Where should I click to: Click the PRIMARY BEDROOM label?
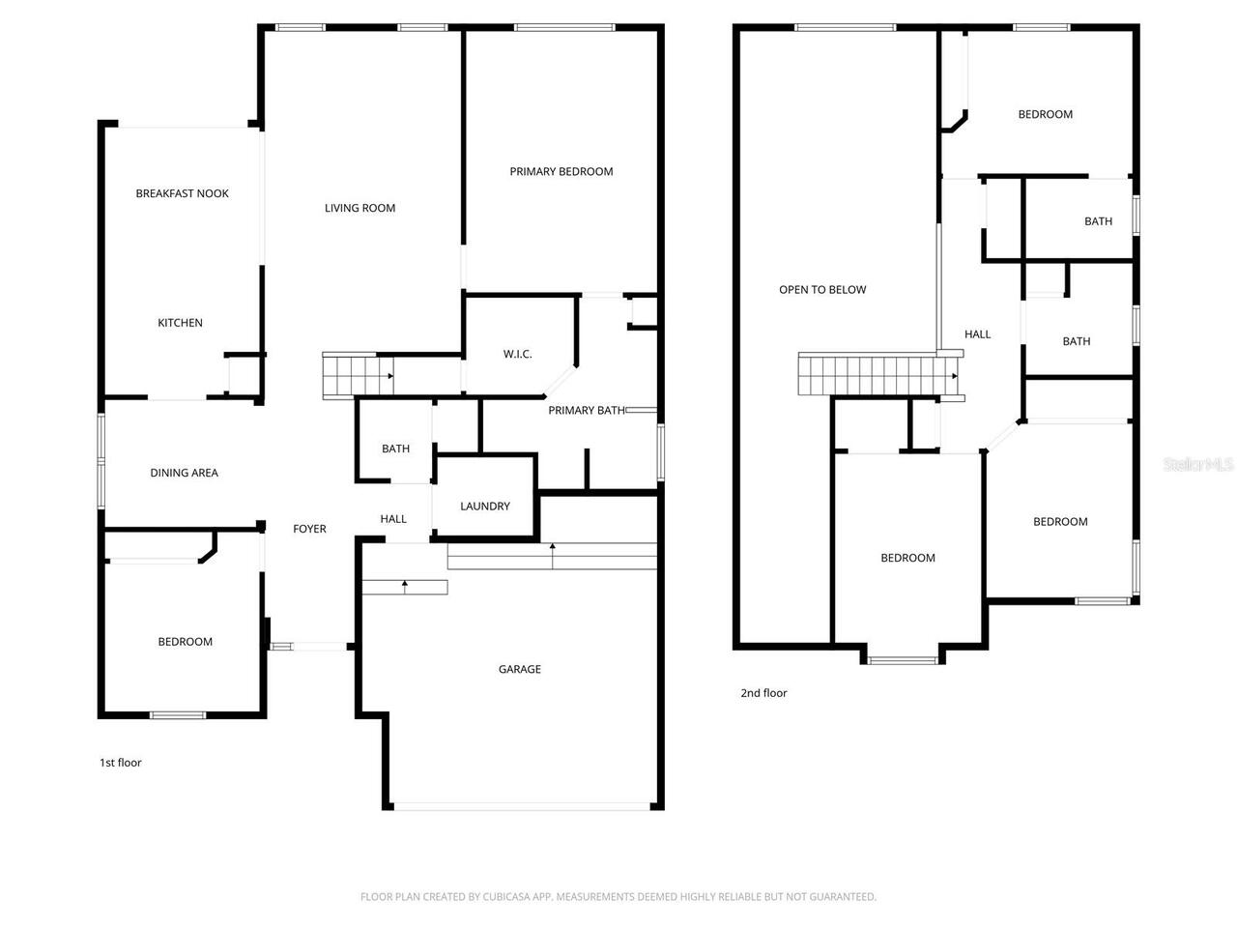[x=561, y=171]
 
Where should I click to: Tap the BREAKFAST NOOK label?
[x=182, y=193]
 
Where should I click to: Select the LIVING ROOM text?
[x=360, y=208]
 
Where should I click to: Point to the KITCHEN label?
[x=180, y=323]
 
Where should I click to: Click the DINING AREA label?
[x=184, y=473]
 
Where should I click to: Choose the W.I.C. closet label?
[x=517, y=354]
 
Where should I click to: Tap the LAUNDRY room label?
[x=484, y=507]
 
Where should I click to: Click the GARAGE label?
[x=519, y=669]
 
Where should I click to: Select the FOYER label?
[x=309, y=529]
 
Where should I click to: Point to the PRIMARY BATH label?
[x=586, y=411]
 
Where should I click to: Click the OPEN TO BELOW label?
[x=822, y=289]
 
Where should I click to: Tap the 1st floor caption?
[x=121, y=763]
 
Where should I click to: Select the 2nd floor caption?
[x=763, y=693]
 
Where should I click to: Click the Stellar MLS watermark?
[x=1198, y=465]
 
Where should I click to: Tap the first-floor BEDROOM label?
[x=185, y=642]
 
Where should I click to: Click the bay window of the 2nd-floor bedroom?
[x=903, y=660]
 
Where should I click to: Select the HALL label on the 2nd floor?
[x=977, y=334]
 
